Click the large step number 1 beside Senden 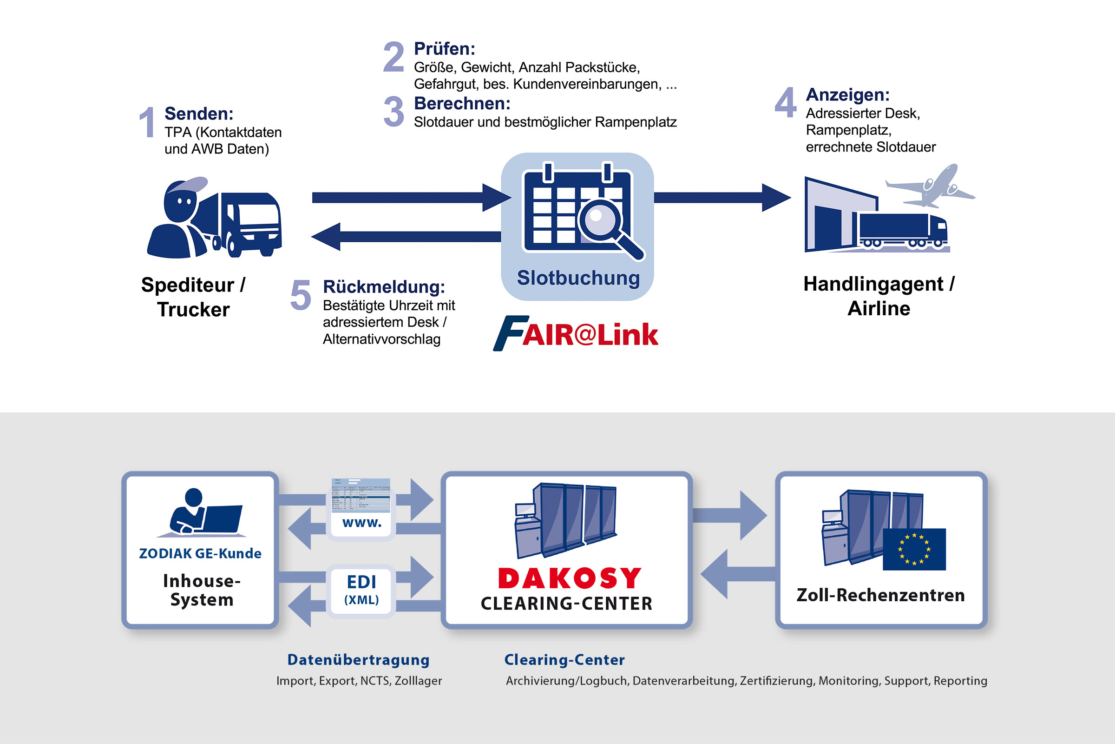[x=147, y=122]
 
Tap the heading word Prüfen [x=444, y=49]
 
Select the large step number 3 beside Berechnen [x=394, y=112]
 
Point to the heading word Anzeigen [x=847, y=95]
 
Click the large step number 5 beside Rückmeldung [x=301, y=295]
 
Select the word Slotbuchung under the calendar [x=578, y=278]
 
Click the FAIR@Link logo [x=576, y=333]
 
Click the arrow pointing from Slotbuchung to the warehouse [x=722, y=197]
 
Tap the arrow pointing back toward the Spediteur [x=406, y=236]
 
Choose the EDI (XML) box [x=361, y=590]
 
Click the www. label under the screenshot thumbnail [x=362, y=523]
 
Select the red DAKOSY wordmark [x=570, y=578]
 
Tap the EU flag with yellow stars [x=914, y=549]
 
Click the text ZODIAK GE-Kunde [x=200, y=554]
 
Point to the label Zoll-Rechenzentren [x=881, y=595]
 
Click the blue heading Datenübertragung [x=358, y=659]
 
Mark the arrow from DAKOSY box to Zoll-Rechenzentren [x=730, y=515]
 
